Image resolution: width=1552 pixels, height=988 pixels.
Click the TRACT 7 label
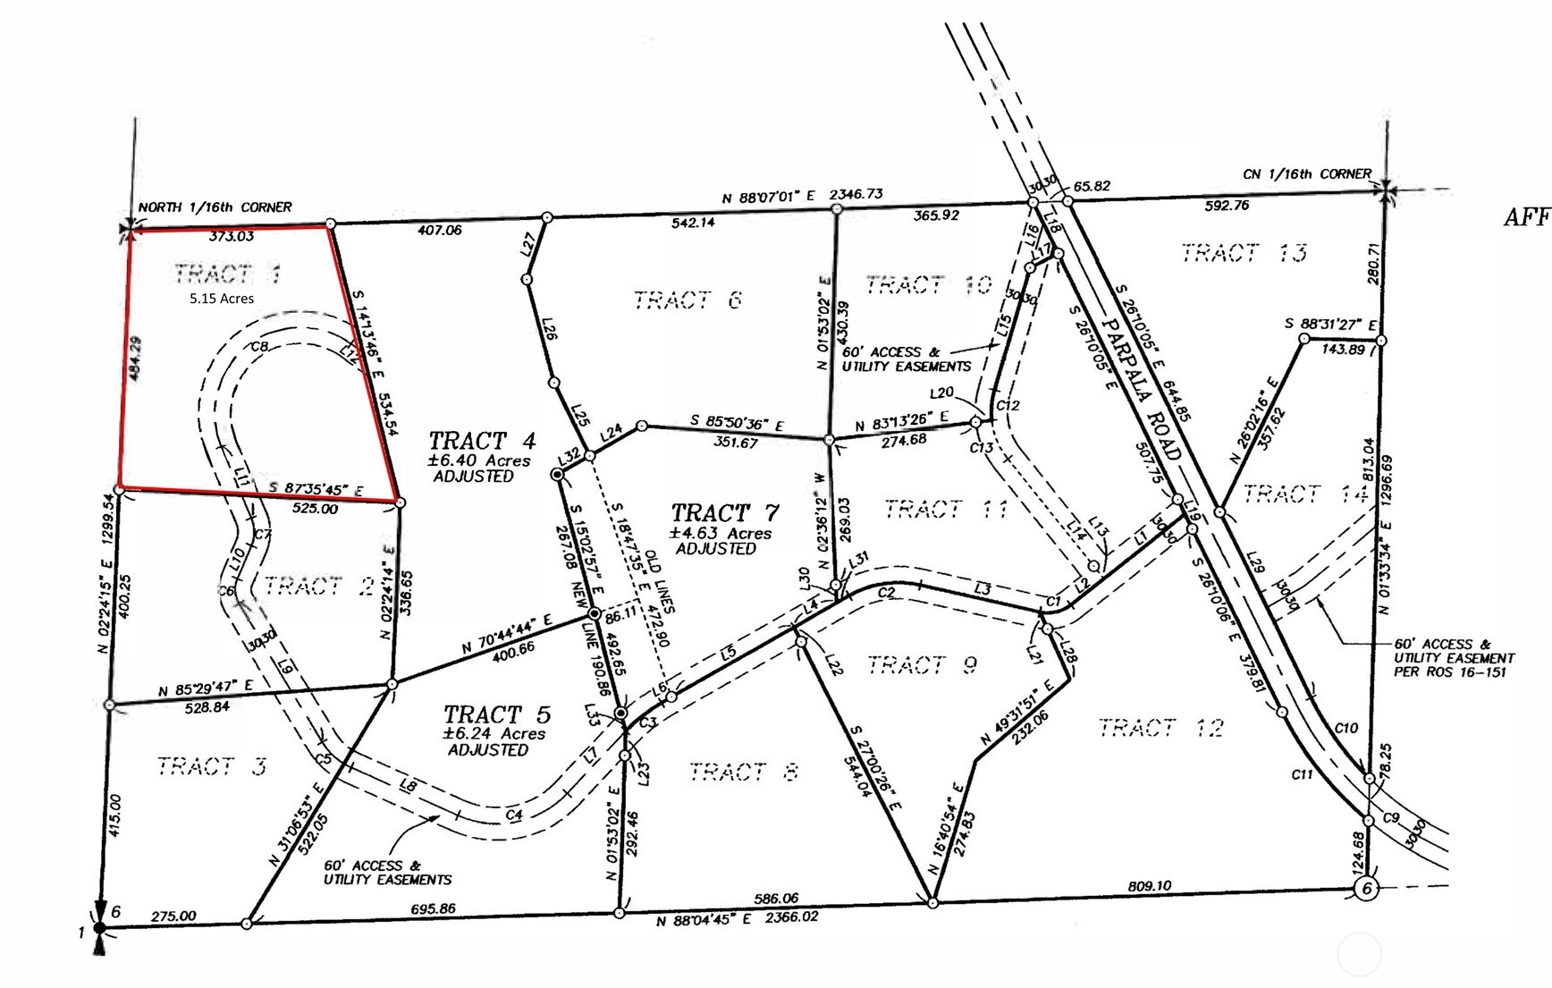point(724,513)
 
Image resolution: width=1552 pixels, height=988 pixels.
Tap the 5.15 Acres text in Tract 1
point(221,299)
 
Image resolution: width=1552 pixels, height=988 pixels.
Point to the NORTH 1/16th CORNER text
point(215,207)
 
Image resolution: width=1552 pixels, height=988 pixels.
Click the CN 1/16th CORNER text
point(1307,174)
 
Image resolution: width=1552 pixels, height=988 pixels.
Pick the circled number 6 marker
point(1365,889)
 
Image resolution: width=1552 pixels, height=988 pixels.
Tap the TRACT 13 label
point(1244,253)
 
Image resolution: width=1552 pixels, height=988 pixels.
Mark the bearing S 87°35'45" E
point(316,490)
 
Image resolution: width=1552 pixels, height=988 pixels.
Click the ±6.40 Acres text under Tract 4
point(478,460)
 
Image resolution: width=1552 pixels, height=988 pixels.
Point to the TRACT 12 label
point(1160,728)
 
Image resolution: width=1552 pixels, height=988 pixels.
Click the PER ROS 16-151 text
point(1449,671)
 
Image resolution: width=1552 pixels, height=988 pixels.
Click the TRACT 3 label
point(211,766)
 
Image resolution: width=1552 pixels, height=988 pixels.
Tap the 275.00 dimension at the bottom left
point(173,916)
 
